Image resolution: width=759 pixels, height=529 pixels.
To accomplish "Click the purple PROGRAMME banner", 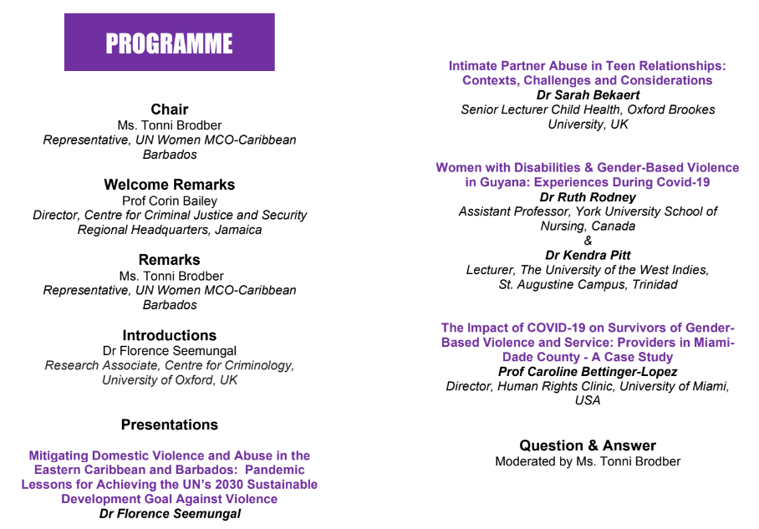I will [169, 42].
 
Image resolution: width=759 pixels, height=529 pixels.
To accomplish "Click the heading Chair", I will [169, 109].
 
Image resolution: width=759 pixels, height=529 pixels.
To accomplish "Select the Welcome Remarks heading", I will [169, 185].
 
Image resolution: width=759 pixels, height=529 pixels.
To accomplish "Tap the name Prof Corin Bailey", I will [169, 201].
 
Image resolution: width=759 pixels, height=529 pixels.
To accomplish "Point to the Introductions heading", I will [169, 335].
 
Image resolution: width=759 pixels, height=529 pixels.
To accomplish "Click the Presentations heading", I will [169, 425].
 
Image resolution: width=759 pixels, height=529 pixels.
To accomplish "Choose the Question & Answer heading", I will [588, 445].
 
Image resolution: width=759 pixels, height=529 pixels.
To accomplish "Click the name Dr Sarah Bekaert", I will [588, 95].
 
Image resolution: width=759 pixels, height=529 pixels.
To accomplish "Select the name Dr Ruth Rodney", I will [588, 197].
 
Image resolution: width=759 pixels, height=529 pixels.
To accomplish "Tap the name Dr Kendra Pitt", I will [588, 255].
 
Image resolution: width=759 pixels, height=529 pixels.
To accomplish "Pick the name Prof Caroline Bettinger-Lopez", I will [588, 371].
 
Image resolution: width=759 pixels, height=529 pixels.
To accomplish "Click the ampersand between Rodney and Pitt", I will [588, 241].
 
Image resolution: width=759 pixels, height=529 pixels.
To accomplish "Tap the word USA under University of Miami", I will [588, 400].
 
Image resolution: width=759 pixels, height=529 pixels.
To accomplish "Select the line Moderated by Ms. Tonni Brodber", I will [588, 461].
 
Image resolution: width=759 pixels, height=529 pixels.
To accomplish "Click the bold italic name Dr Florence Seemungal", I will [170, 514].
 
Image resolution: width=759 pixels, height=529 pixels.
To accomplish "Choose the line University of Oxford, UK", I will [170, 380].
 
